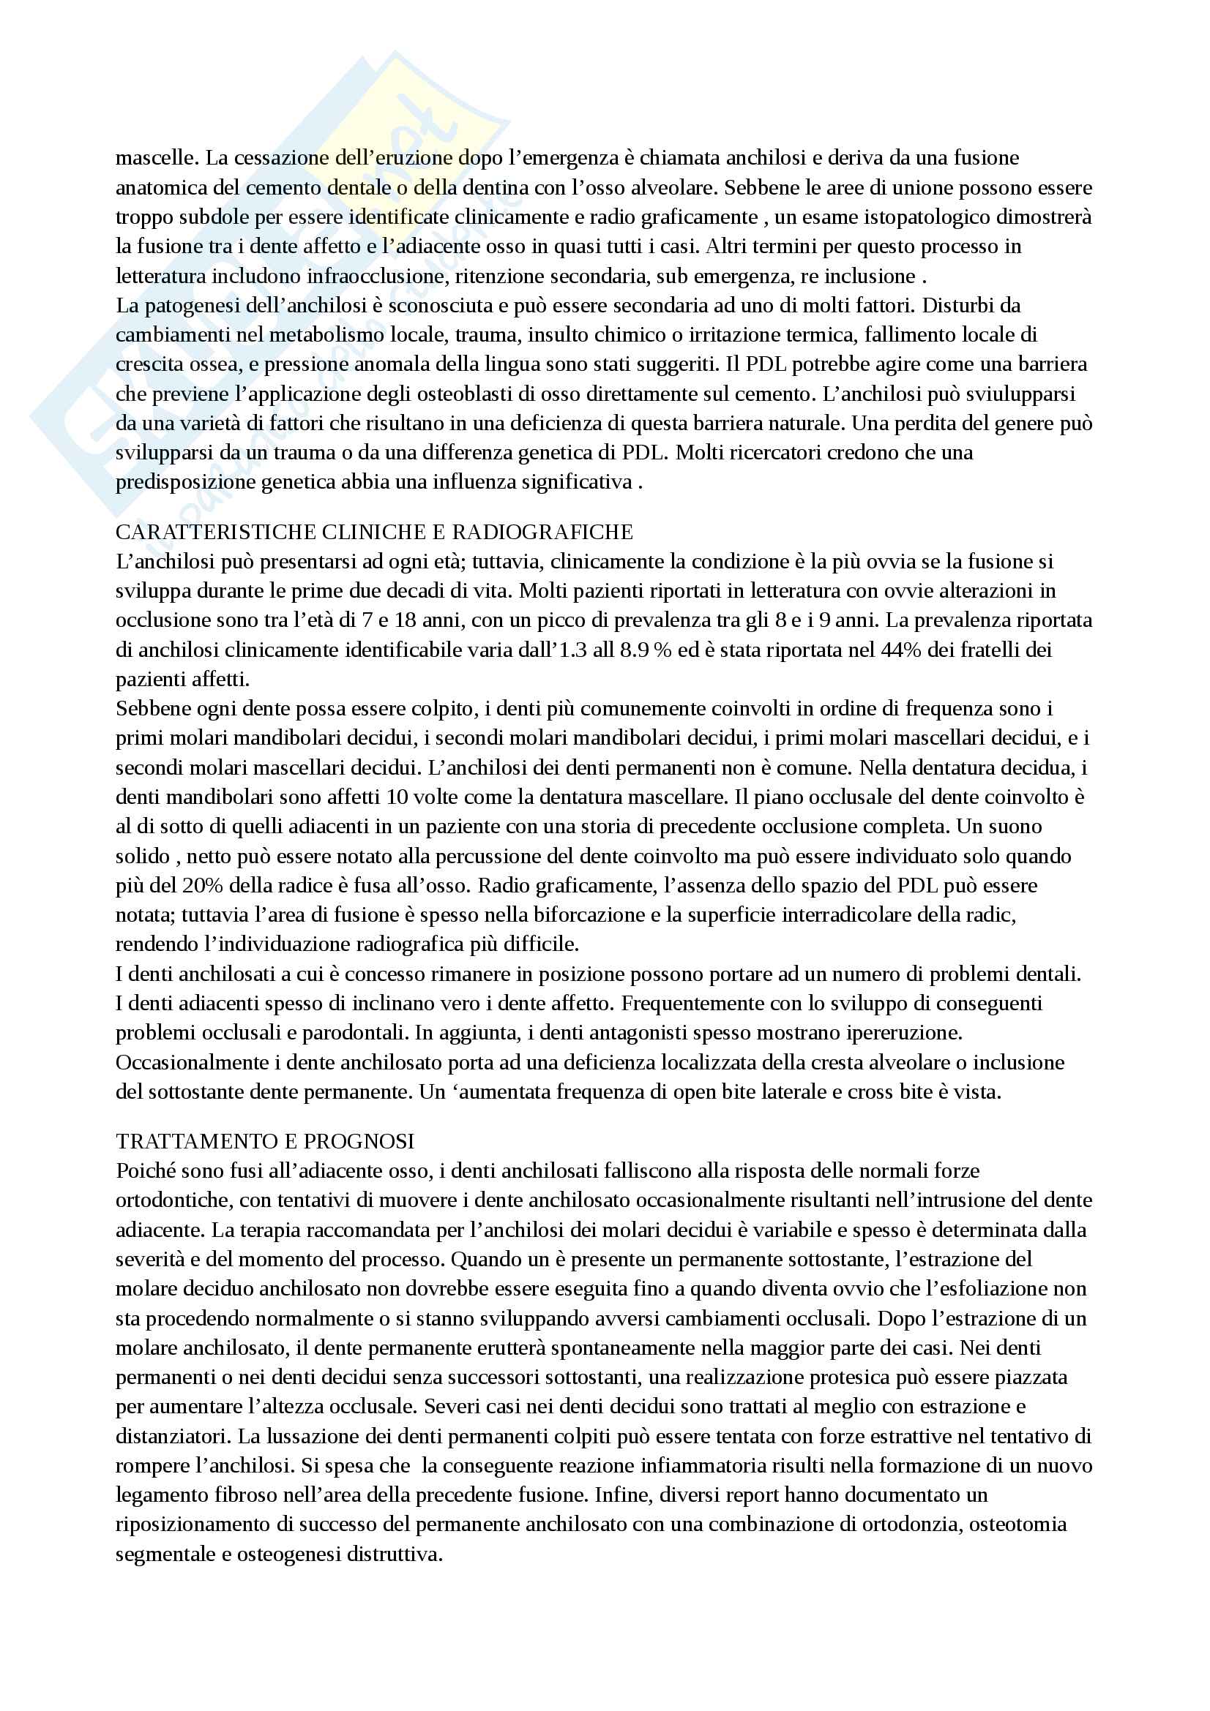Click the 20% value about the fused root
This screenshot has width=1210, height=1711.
[x=199, y=885]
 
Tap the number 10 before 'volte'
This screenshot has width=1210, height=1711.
[x=398, y=797]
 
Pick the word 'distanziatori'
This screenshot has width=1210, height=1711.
[x=168, y=1435]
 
